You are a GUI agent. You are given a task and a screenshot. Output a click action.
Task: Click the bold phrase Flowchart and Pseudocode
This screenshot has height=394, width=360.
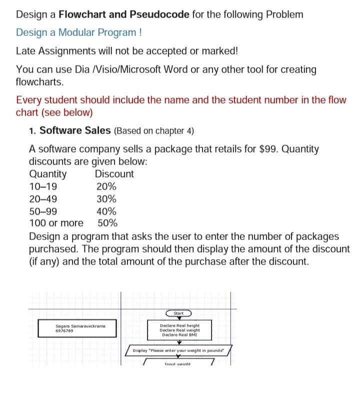point(124,14)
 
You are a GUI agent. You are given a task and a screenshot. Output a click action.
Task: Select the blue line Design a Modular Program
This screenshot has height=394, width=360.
point(78,32)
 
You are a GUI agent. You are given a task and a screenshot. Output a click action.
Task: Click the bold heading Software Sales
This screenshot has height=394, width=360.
point(75,130)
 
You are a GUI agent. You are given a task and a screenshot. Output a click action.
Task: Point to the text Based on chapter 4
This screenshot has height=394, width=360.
point(154,131)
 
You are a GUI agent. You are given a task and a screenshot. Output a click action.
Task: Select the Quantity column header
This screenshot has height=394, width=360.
point(47,174)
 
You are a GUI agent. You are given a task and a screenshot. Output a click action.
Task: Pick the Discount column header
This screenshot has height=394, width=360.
point(114,174)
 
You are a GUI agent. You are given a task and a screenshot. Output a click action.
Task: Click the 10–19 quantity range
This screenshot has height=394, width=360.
point(43,186)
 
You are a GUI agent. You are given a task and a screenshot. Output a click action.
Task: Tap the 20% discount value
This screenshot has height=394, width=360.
point(106,186)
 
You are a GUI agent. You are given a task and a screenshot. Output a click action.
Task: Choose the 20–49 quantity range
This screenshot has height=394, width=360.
point(43,199)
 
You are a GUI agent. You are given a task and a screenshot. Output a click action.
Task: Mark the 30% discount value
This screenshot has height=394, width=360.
point(106,199)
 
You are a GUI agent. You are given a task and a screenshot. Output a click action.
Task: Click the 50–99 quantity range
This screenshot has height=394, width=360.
point(43,211)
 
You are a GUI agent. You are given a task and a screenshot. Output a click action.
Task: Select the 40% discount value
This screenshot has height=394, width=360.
point(106,211)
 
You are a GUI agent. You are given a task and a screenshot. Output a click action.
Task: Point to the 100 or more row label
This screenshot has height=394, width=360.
point(56,223)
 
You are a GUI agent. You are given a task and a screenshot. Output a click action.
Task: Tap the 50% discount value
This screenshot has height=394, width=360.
point(107,223)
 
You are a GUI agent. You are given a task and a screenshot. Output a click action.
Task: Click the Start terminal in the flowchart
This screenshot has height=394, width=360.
point(179,313)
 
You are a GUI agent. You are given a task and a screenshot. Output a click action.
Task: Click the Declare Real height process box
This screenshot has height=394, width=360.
point(179,330)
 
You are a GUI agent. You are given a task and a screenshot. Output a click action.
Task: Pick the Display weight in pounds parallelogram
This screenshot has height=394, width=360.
point(179,351)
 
